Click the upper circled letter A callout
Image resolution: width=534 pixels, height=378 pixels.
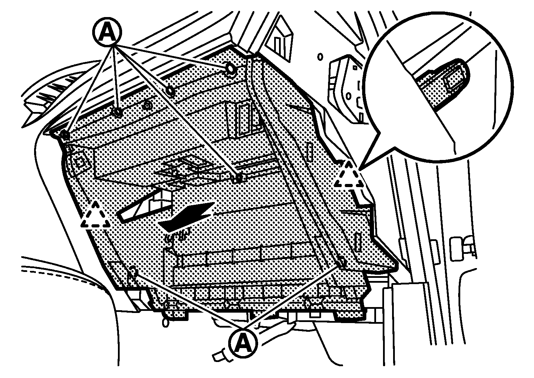point(107,31)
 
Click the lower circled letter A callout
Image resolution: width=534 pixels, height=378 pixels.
point(243,343)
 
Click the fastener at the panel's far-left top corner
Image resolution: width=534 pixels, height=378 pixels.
point(65,135)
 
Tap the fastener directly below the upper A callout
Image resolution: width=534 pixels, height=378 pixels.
point(117,112)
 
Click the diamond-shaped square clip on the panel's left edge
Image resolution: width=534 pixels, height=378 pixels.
point(80,163)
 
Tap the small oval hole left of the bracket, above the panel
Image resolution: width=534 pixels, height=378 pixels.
point(321,57)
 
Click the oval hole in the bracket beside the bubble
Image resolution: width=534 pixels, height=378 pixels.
point(349,96)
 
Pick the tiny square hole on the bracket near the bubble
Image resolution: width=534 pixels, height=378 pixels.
point(355,68)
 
